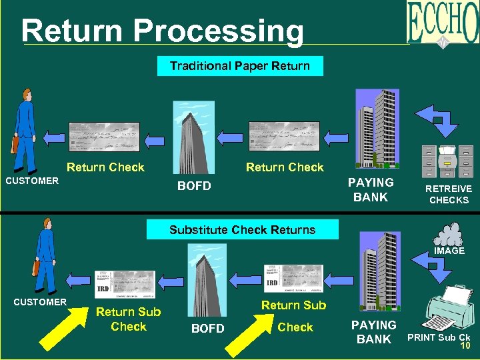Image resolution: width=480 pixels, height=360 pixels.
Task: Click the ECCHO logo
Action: click(443, 24)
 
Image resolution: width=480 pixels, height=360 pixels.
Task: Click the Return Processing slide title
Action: click(162, 30)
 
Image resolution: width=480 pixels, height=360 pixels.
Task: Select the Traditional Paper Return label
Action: click(239, 66)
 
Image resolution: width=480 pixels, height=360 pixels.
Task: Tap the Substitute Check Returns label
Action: click(242, 230)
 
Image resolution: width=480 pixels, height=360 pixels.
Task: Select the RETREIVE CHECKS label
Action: click(449, 194)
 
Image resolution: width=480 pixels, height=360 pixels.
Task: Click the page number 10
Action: click(464, 345)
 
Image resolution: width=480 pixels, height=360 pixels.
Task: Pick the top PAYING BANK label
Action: click(371, 189)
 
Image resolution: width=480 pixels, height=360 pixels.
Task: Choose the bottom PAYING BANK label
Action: click(373, 331)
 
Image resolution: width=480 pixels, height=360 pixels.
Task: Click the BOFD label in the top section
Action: click(194, 186)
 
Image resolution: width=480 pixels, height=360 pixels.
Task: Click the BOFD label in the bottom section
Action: click(208, 329)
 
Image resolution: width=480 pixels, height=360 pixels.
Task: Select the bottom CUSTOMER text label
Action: click(40, 302)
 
